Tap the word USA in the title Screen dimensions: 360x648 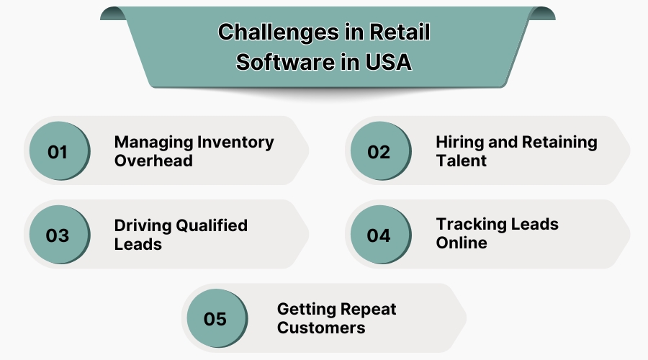point(387,63)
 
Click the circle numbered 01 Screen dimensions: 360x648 point(58,151)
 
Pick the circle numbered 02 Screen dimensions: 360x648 point(379,151)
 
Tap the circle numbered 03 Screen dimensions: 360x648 point(58,235)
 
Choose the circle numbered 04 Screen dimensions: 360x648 point(379,235)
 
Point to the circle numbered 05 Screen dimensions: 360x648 point(215,318)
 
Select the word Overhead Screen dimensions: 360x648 point(153,161)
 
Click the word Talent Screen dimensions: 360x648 point(462,161)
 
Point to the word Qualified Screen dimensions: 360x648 point(212,225)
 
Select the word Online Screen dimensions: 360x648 point(462,243)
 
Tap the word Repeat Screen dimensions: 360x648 point(366,309)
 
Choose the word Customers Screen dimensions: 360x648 point(321,328)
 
